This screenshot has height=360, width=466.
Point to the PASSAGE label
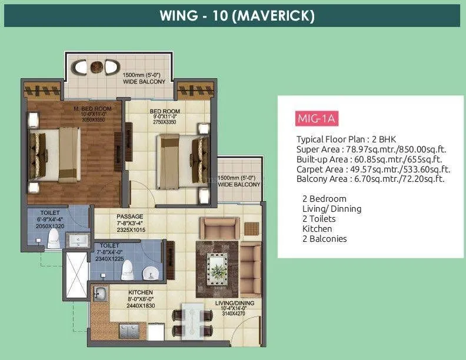130,216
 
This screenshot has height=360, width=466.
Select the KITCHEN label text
140,292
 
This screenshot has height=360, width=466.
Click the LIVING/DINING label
234,304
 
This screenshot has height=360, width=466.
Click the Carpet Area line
371,169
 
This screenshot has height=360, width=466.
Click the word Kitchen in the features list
317,228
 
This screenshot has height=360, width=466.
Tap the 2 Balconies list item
325,238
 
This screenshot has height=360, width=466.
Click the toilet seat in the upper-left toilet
53,237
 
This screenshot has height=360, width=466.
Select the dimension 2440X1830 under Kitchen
140,306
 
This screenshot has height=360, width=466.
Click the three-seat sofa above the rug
219,227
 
